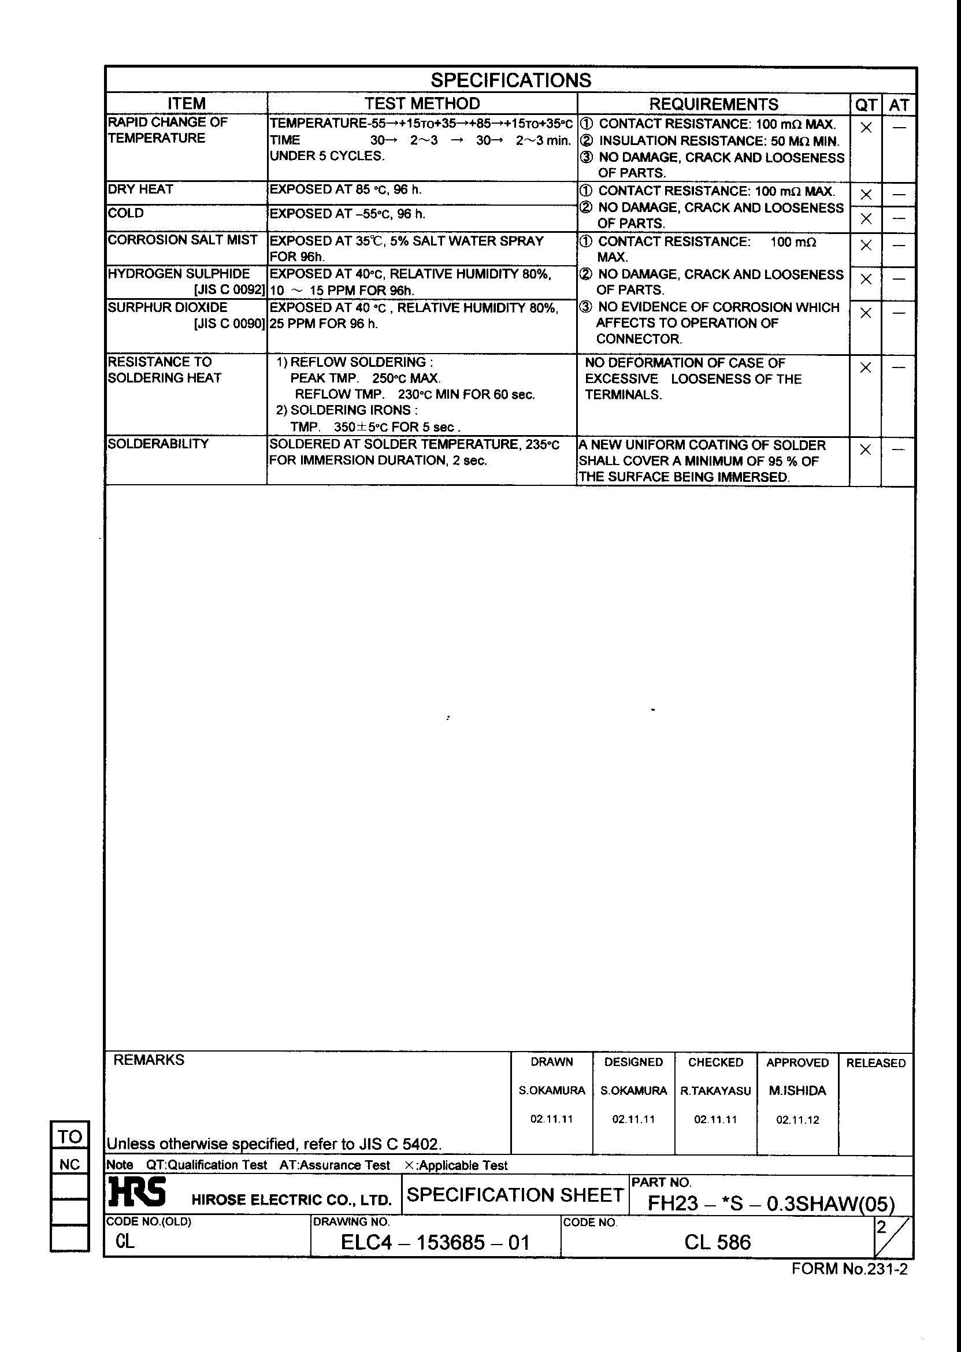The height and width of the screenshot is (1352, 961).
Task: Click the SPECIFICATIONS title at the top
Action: pyautogui.click(x=510, y=80)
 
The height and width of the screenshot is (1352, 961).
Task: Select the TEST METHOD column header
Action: pyautogui.click(x=422, y=103)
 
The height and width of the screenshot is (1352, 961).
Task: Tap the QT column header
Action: pyautogui.click(x=866, y=105)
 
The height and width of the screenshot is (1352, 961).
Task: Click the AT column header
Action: pyautogui.click(x=898, y=105)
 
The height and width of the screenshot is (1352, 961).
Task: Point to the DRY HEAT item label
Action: pyautogui.click(x=140, y=190)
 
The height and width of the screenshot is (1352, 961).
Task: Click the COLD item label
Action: pyautogui.click(x=125, y=213)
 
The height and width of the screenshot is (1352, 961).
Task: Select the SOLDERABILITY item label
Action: pyautogui.click(x=158, y=444)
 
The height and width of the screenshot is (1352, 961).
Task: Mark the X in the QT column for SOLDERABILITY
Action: pyautogui.click(x=865, y=450)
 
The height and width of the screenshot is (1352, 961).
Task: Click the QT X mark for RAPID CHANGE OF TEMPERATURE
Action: pyautogui.click(x=866, y=127)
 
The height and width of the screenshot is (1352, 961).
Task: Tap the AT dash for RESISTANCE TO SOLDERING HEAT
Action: pyautogui.click(x=898, y=367)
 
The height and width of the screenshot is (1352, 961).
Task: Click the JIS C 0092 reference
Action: pyautogui.click(x=229, y=290)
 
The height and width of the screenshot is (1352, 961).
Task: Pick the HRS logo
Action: pyautogui.click(x=137, y=1193)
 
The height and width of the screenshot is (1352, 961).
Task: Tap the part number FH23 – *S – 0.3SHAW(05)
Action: pyautogui.click(x=770, y=1203)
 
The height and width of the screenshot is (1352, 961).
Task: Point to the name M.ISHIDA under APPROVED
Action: pyautogui.click(x=797, y=1090)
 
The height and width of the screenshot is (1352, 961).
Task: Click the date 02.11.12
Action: pyautogui.click(x=797, y=1120)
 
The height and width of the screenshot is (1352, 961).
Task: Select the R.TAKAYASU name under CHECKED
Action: pyautogui.click(x=715, y=1090)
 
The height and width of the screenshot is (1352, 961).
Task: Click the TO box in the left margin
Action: pyautogui.click(x=70, y=1136)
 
